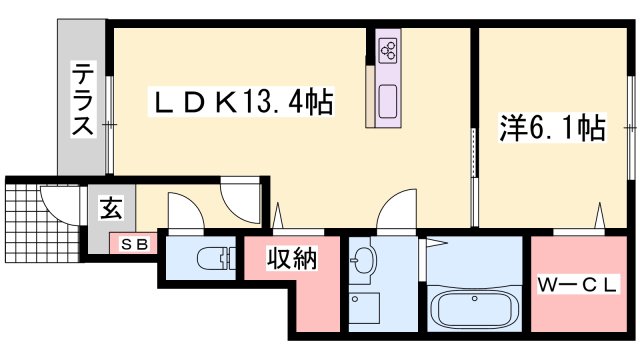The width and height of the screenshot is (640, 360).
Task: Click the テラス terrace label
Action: (83, 99)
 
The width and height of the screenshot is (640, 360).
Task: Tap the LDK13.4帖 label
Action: (242, 102)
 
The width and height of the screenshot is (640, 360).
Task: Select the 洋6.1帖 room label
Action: (552, 128)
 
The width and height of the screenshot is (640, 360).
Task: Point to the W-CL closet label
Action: (577, 284)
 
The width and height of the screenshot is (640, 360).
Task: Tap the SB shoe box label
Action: (133, 244)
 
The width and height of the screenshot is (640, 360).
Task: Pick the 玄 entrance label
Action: (111, 208)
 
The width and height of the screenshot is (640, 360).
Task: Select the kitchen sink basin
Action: (388, 102)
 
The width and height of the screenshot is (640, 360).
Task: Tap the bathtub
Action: (474, 308)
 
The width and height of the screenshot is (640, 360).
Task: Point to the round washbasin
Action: (360, 260)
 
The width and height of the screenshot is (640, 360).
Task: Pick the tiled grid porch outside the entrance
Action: (42, 223)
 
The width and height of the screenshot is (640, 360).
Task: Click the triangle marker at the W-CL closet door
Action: (600, 215)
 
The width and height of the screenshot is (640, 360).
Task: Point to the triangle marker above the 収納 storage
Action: (278, 215)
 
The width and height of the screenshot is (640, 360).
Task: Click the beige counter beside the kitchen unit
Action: (370, 96)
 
